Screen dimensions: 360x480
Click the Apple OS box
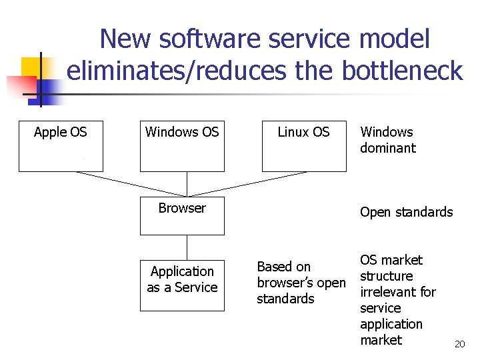[x=61, y=147]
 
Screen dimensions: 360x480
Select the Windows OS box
[x=182, y=147]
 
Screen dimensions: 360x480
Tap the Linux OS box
[x=303, y=147]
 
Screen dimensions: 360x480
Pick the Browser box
[x=182, y=215]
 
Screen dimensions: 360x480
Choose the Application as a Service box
[x=182, y=285]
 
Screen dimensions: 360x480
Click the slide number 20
[x=459, y=344]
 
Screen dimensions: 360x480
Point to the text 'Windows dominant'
[x=387, y=140]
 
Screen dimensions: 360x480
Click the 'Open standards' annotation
[x=406, y=212]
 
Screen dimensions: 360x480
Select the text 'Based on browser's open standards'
[x=301, y=283]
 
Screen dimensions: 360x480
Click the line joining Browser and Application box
[x=187, y=247]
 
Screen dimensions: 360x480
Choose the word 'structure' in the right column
[x=387, y=276]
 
